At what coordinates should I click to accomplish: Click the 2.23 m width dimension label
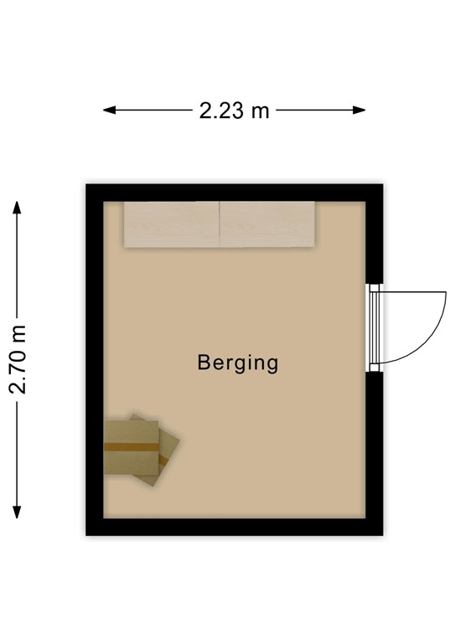tap(235, 110)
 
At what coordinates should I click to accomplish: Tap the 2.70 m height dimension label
tap(18, 359)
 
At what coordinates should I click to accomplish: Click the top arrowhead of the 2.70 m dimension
tap(17, 205)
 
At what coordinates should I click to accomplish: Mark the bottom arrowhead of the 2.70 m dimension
tap(17, 512)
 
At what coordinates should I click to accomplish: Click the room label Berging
tap(237, 363)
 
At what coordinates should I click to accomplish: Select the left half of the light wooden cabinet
tap(171, 224)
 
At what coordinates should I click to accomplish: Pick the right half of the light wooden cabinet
tap(267, 224)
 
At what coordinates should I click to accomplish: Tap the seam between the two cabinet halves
tap(220, 224)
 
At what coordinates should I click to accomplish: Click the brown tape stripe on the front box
tap(131, 447)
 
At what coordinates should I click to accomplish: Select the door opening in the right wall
tap(375, 327)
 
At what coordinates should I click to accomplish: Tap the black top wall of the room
tap(235, 193)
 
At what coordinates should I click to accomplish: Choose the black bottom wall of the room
tap(235, 527)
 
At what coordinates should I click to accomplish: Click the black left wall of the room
tap(95, 360)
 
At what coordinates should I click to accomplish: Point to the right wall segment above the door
tap(375, 239)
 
